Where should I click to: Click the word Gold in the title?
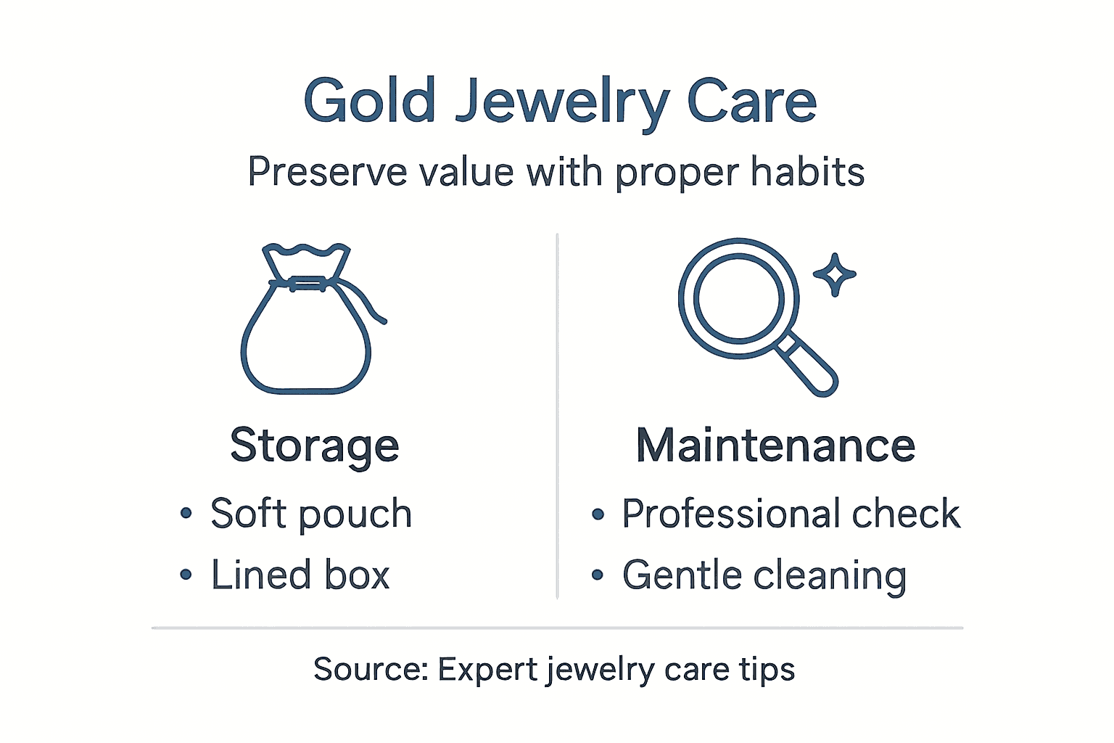(369, 101)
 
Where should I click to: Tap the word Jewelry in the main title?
(561, 102)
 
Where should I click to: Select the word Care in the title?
(751, 101)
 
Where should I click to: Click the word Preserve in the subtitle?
(326, 173)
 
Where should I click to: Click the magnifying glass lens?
(738, 298)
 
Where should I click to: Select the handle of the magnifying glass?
(809, 366)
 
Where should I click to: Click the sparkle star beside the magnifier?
(835, 274)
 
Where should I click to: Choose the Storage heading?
(314, 445)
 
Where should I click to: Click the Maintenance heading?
(775, 445)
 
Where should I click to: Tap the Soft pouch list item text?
(311, 514)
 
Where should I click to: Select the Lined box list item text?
(300, 575)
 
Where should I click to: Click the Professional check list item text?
(791, 514)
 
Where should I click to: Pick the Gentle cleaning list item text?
(764, 576)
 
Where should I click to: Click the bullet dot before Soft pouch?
(186, 514)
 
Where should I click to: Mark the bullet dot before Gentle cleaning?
(598, 575)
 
